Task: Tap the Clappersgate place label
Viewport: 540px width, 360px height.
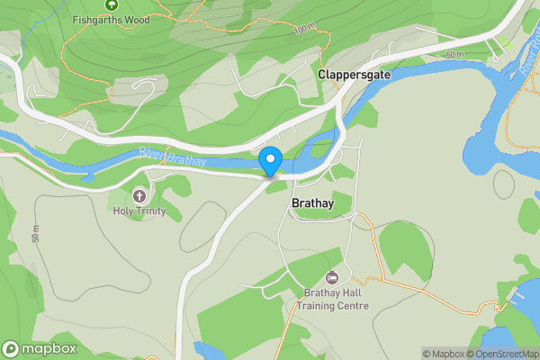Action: (x=355, y=76)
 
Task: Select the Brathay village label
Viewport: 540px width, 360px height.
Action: (x=313, y=204)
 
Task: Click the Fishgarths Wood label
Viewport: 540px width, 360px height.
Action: (x=112, y=18)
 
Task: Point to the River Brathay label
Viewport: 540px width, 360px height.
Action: (x=173, y=157)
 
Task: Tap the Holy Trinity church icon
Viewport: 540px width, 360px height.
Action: (x=139, y=195)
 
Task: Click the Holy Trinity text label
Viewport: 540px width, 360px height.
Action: (x=139, y=211)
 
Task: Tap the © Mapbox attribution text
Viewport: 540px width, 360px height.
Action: (x=445, y=354)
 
